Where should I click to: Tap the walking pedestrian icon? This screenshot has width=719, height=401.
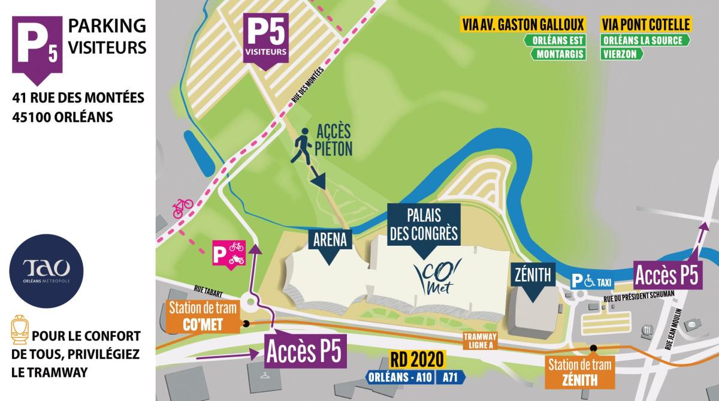302,149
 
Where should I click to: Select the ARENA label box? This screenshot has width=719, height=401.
330,241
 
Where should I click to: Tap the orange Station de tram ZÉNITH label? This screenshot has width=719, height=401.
580,372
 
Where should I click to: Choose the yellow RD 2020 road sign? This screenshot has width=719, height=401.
418,359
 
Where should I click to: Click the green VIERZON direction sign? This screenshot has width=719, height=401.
623,54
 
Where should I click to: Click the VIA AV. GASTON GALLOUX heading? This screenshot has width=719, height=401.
522,25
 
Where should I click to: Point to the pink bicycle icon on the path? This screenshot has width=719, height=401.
183,207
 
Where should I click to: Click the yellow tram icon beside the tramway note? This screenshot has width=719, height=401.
19,331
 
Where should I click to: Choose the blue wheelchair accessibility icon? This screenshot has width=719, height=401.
590,280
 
